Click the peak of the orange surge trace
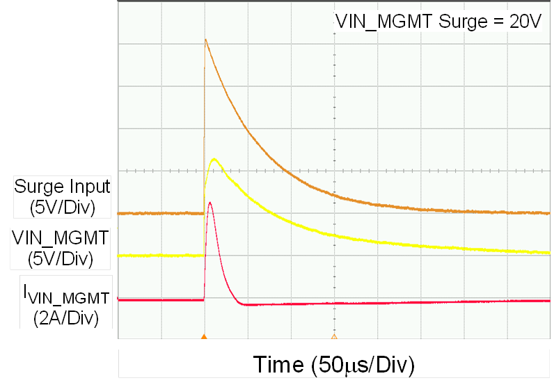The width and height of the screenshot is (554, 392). click(x=205, y=40)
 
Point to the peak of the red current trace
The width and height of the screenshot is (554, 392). click(x=209, y=203)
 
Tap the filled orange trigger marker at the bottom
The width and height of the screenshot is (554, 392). click(x=204, y=337)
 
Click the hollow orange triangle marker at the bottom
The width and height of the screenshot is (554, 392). click(x=333, y=337)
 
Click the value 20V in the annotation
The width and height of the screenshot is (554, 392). click(x=521, y=21)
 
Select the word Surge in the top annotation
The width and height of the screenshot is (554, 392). click(x=459, y=21)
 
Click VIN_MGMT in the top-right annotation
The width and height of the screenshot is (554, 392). click(x=385, y=21)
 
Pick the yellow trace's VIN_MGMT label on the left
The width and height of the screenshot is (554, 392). click(x=61, y=238)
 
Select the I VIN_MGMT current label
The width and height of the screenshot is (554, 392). click(x=61, y=298)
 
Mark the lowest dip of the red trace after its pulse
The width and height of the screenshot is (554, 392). click(x=244, y=304)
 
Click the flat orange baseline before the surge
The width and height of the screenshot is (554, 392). click(x=160, y=214)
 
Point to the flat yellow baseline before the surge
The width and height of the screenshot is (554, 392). click(x=160, y=256)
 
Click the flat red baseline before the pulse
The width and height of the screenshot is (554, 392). click(x=160, y=300)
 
